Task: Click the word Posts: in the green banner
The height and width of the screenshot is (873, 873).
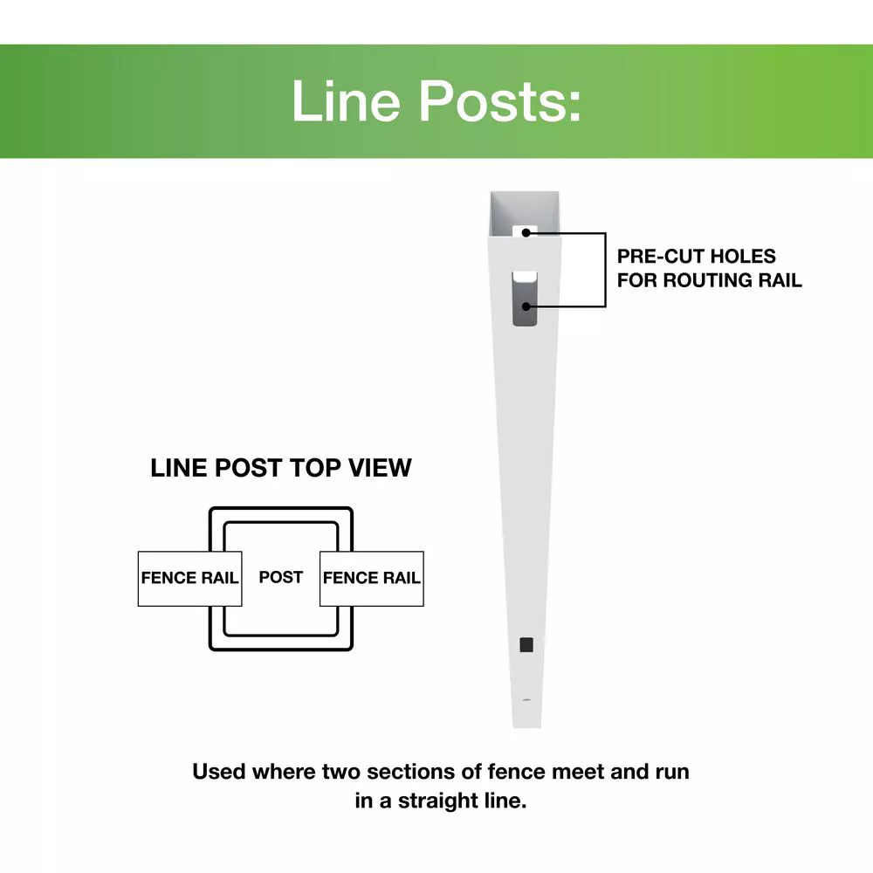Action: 500,100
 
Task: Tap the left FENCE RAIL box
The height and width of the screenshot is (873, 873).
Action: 189,579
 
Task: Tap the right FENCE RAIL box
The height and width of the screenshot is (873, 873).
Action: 371,579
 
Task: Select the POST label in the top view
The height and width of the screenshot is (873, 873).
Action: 280,577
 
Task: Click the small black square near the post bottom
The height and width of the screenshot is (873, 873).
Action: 526,645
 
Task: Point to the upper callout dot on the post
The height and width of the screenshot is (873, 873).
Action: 526,233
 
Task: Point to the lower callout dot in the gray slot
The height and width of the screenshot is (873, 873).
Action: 526,306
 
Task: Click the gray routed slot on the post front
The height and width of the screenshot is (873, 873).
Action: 525,299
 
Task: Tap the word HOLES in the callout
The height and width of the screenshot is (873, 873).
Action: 743,256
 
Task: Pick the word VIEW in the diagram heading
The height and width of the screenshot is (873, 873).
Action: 380,468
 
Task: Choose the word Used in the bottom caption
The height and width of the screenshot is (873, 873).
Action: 219,772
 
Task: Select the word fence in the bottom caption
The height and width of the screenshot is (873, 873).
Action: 516,772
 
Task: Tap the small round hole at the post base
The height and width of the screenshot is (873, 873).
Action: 526,700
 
